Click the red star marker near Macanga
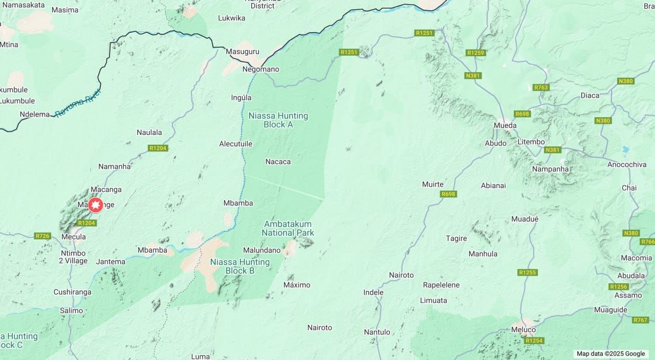[x=95, y=205]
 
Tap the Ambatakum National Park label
[x=288, y=229]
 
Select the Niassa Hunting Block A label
[x=278, y=120]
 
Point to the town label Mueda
[x=505, y=125]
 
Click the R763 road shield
[x=541, y=87]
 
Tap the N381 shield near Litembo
[x=553, y=150]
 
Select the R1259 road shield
[x=475, y=53]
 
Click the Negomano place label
[x=261, y=69]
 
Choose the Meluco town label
[x=523, y=330]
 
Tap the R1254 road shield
[x=534, y=341]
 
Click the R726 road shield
[x=42, y=236]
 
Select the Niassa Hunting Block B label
[x=240, y=266]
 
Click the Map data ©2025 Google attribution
[x=610, y=353]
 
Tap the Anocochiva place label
[x=626, y=164]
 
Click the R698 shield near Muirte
[x=448, y=194]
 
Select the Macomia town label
[x=636, y=258]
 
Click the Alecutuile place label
[x=235, y=144]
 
